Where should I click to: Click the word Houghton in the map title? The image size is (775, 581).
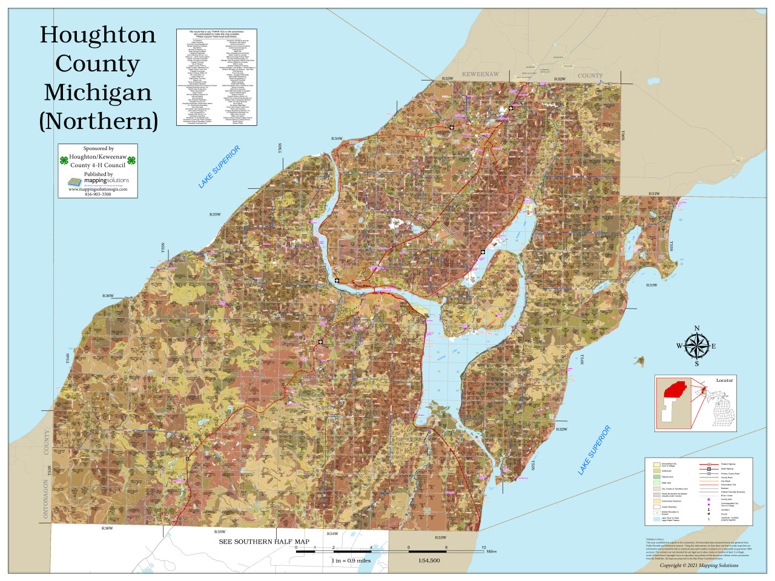(97, 35)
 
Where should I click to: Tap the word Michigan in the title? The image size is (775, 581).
(97, 93)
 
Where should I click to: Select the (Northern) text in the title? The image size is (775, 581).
(99, 121)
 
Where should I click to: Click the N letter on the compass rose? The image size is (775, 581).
(696, 329)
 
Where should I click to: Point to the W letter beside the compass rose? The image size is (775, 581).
(679, 346)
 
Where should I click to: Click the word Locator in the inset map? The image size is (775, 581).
(724, 381)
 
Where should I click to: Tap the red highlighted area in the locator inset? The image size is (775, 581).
(674, 390)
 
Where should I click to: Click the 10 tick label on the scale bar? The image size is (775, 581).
(484, 548)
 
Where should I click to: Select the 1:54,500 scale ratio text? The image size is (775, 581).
(429, 560)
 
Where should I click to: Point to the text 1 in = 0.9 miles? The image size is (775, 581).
(351, 560)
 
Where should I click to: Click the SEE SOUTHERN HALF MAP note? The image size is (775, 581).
(264, 542)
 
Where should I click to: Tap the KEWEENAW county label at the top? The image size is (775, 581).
(480, 74)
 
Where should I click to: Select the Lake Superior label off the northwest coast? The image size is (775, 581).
(219, 166)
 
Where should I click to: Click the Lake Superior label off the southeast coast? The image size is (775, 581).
(594, 450)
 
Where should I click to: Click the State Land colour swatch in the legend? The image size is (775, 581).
(656, 483)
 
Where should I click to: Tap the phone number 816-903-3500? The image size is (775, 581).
(98, 194)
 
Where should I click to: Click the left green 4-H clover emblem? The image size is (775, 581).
(64, 161)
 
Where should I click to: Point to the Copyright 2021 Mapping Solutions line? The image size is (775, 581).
(699, 565)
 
